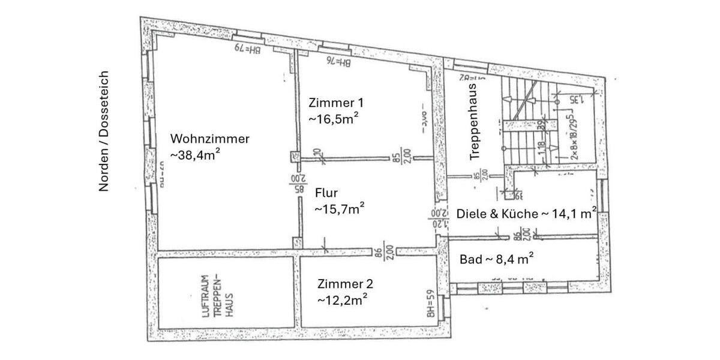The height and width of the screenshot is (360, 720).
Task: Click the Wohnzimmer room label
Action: [x=209, y=139]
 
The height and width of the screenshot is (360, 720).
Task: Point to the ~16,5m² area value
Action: [x=334, y=118]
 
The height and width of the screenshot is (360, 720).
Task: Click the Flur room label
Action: [x=327, y=193]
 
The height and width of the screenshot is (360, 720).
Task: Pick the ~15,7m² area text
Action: [x=340, y=209]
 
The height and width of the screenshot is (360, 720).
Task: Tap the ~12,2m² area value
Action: [x=343, y=299]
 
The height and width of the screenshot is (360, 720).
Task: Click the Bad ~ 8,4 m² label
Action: [x=497, y=259]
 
